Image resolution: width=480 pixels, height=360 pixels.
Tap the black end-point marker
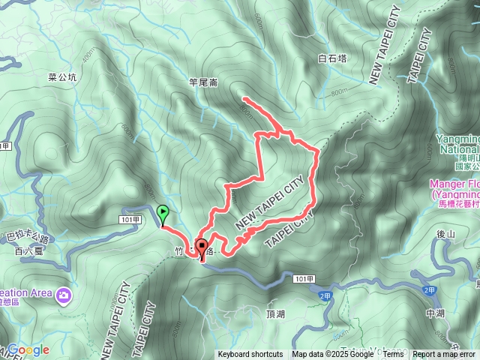tap(202, 250)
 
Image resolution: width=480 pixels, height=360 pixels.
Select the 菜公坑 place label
tap(62, 77)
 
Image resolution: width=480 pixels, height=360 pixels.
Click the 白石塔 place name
tap(332, 58)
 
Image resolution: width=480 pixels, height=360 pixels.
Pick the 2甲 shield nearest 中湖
tap(429, 289)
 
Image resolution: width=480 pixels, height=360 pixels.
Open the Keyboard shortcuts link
tap(250, 355)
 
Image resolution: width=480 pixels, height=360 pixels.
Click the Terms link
tap(393, 355)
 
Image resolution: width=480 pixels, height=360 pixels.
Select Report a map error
tap(444, 355)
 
